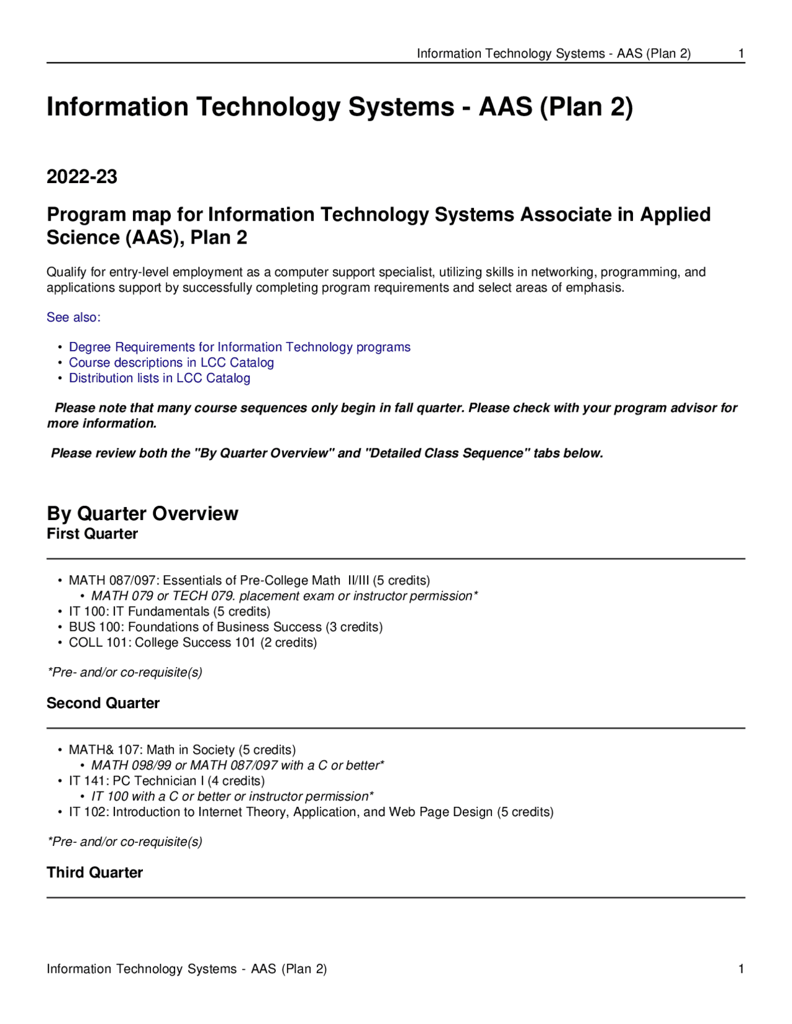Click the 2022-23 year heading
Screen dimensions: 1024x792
[x=82, y=177]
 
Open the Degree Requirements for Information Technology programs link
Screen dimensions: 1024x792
[x=239, y=347]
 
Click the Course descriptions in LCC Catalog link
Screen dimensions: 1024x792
[x=171, y=362]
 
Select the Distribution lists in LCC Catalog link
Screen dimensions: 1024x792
[x=160, y=378]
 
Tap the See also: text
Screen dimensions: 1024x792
[x=73, y=317]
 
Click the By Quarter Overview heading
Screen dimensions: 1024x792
[x=142, y=513]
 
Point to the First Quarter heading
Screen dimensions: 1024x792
[x=92, y=534]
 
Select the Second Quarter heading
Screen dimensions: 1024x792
[x=103, y=703]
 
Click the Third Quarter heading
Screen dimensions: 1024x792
[x=95, y=873]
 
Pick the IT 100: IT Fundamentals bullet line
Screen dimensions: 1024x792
[x=170, y=612]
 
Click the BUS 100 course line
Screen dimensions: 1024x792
[x=226, y=627]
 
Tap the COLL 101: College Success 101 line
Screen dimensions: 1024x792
[x=193, y=642]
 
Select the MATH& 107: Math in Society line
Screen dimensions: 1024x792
[x=183, y=750]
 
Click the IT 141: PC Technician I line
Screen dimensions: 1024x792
[x=167, y=781]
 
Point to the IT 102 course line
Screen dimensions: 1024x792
[x=311, y=812]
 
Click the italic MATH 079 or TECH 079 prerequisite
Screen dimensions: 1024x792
[x=285, y=596]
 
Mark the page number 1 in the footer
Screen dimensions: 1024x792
[x=741, y=969]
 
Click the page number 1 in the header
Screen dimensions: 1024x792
[x=741, y=54]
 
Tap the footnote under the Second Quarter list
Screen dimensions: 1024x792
[x=125, y=842]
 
